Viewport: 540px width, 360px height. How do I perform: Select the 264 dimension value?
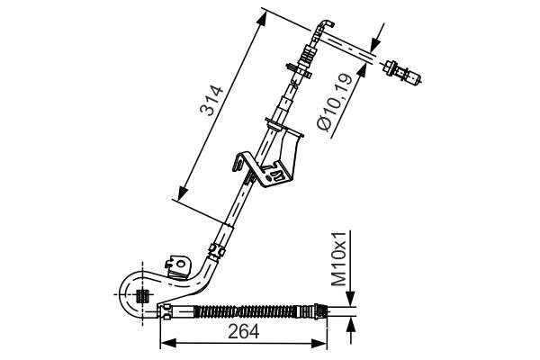242,331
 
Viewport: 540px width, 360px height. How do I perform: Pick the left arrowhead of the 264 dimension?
166,342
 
